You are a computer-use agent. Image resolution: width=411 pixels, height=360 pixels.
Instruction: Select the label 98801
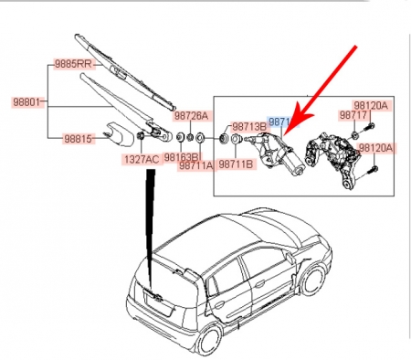tap(23, 103)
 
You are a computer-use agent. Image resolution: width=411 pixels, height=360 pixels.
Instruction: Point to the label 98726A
tap(193, 116)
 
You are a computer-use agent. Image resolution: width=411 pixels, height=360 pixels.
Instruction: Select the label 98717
tap(353, 116)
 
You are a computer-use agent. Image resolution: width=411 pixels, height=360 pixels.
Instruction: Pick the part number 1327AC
tap(140, 160)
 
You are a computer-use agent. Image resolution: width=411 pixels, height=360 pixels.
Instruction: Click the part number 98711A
tap(196, 165)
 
